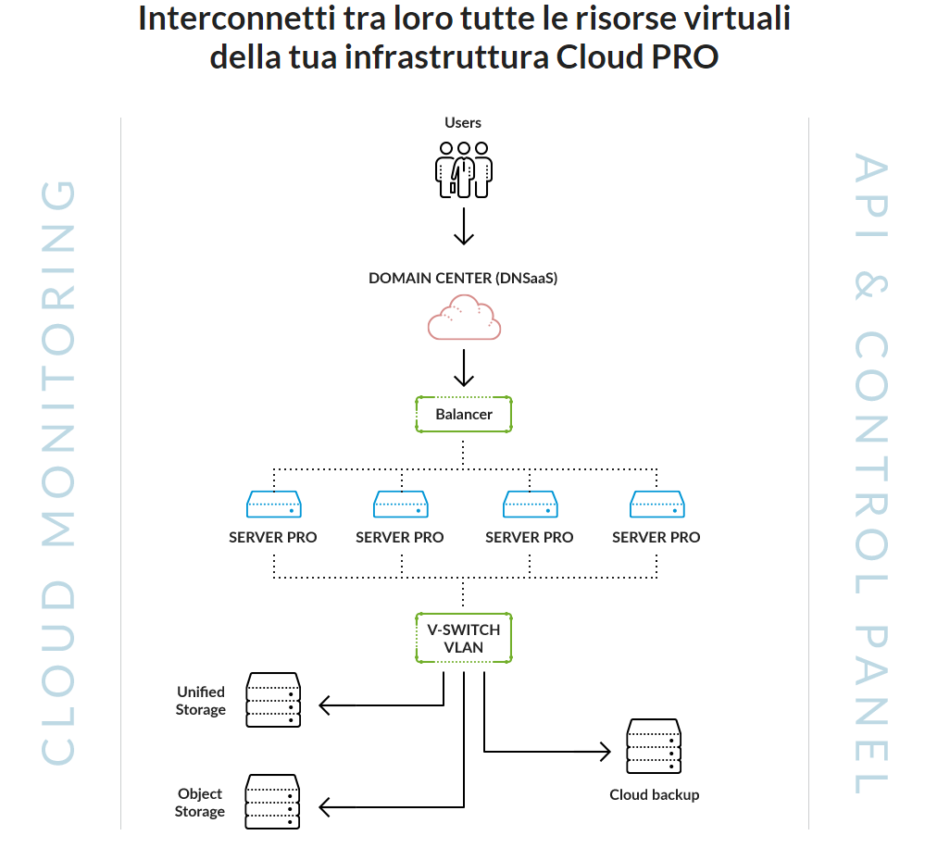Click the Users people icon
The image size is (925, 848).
click(x=464, y=168)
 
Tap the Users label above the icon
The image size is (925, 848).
click(x=463, y=122)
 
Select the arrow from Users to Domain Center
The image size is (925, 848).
click(x=464, y=227)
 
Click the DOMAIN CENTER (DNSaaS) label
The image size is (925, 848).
click(x=463, y=278)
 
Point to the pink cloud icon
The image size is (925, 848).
click(x=464, y=317)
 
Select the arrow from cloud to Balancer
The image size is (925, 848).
click(x=464, y=367)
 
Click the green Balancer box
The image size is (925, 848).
click(x=464, y=415)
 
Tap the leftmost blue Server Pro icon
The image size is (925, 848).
click(x=273, y=504)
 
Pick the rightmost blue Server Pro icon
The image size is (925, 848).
click(x=656, y=504)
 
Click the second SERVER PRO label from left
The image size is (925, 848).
click(x=400, y=537)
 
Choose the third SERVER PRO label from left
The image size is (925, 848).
click(x=529, y=537)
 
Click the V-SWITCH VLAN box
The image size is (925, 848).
click(x=464, y=638)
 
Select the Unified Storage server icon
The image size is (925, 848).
click(x=273, y=700)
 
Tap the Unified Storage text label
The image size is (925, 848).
click(x=201, y=701)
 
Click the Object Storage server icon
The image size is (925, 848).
click(x=273, y=802)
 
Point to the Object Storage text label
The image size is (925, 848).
click(x=201, y=803)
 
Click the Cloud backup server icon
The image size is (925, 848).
click(x=654, y=746)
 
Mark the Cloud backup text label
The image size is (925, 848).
click(x=654, y=794)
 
